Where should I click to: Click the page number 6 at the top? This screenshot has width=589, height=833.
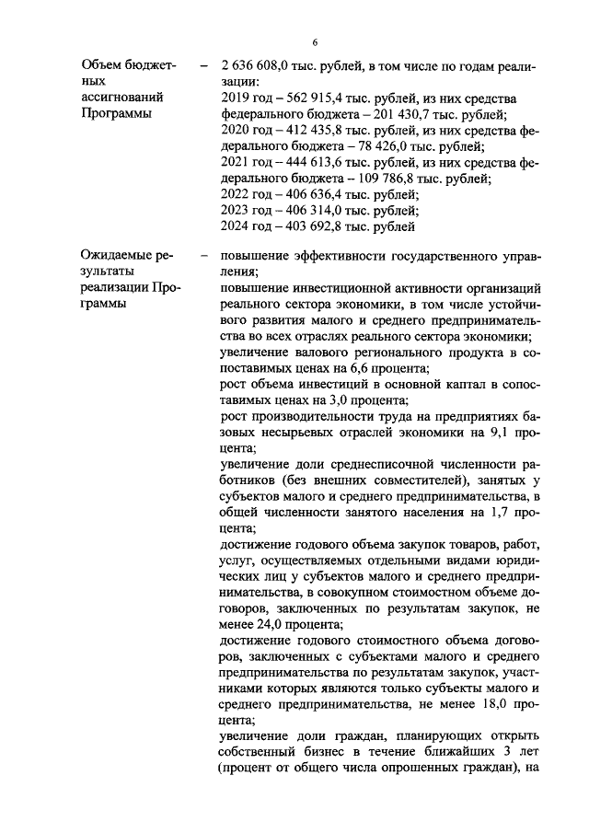314,43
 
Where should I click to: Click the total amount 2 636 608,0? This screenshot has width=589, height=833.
254,66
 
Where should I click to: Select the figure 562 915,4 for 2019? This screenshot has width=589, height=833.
309,98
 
